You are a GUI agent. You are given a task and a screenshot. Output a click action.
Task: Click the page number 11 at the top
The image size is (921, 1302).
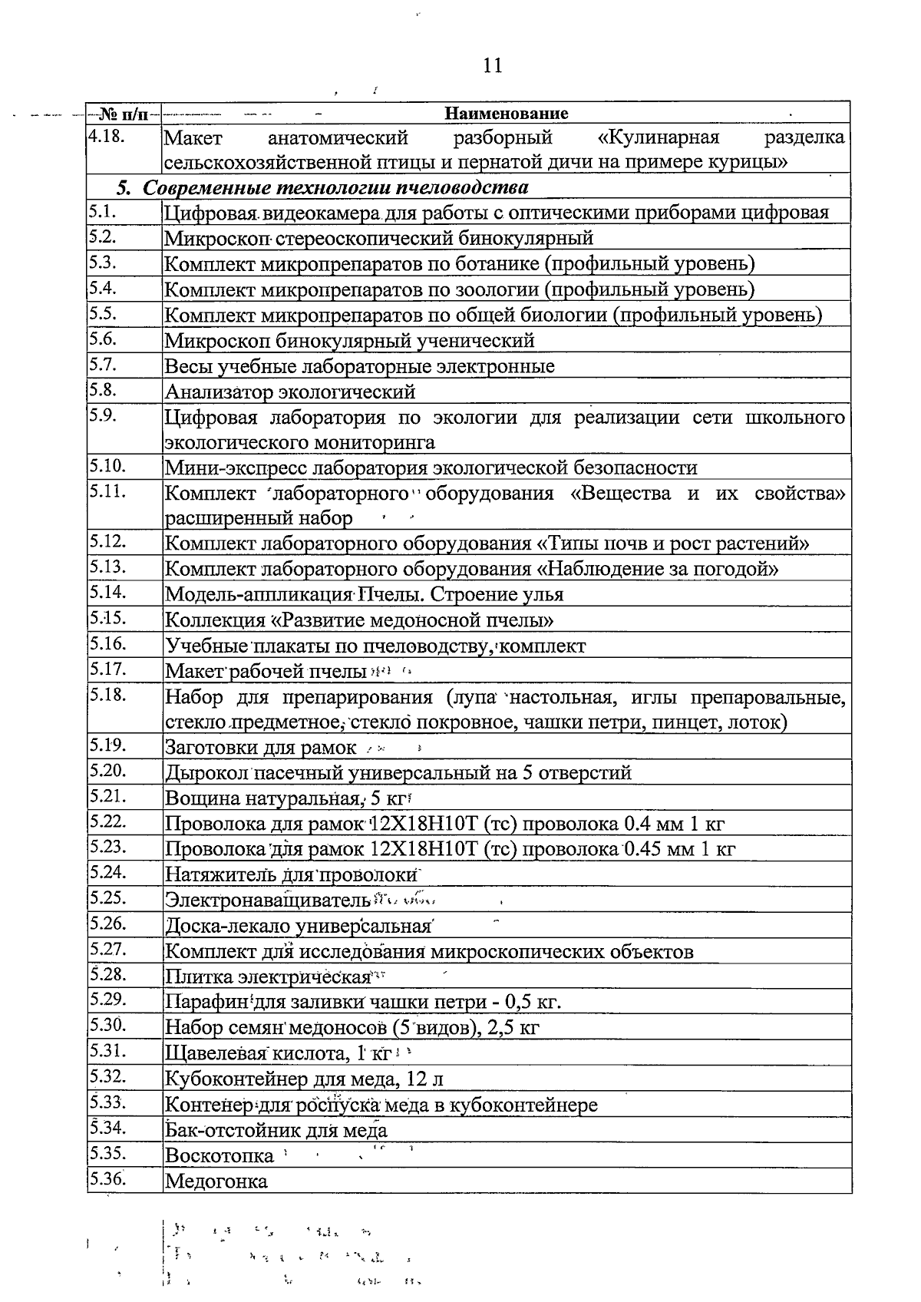pos(493,65)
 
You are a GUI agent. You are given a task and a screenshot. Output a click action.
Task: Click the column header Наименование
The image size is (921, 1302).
pos(507,114)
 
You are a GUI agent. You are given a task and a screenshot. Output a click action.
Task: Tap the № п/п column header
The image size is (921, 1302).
pos(124,114)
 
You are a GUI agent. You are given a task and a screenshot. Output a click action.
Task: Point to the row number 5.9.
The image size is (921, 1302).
pos(102,415)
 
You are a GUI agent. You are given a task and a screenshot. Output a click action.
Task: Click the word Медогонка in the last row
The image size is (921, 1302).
pos(216,1181)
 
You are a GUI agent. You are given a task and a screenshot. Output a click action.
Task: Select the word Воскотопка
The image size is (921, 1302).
pos(220,1155)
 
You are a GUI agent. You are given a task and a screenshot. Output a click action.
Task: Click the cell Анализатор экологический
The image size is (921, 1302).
pos(290,392)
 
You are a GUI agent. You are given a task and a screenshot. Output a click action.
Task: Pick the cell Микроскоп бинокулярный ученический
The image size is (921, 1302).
pos(350,340)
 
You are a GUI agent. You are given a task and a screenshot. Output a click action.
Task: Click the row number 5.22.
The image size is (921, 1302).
pos(107,821)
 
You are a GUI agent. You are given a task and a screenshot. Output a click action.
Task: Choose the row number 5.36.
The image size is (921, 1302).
pos(107,1178)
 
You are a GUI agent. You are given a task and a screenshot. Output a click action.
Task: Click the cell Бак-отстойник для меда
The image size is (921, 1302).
pos(276,1130)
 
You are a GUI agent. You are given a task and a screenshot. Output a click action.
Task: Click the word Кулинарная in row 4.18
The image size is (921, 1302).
pos(659,138)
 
